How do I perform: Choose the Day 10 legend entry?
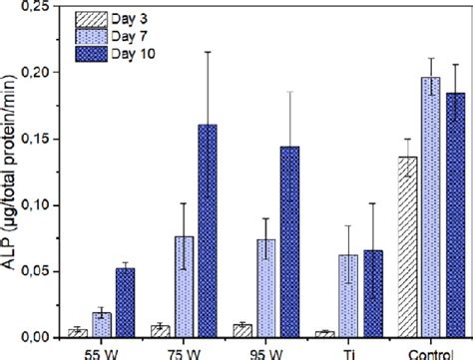tap(107, 51)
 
